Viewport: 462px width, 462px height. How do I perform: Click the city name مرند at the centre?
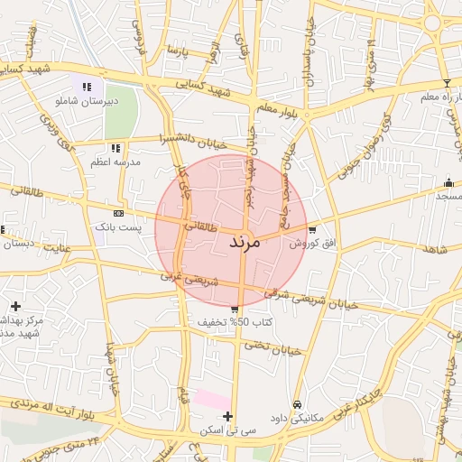click(x=245, y=243)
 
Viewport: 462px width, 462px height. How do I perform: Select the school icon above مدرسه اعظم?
click(x=115, y=148)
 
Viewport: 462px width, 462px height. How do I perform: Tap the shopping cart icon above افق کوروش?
click(x=312, y=229)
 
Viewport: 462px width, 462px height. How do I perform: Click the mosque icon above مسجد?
click(x=448, y=182)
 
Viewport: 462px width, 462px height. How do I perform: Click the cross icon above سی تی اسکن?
click(x=227, y=417)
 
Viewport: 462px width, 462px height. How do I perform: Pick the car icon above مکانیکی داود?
click(x=298, y=405)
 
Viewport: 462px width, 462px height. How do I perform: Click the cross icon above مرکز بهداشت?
click(x=15, y=306)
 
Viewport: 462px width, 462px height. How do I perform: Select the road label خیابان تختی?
click(x=271, y=348)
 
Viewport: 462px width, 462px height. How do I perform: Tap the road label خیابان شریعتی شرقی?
click(x=311, y=299)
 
